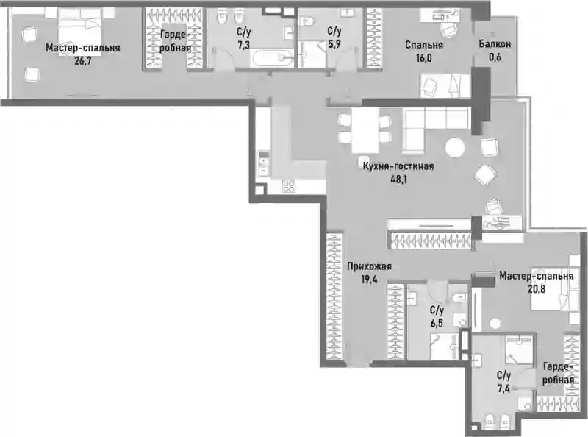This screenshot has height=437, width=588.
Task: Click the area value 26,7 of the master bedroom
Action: click(x=82, y=61)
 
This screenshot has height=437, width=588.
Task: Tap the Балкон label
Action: click(x=495, y=44)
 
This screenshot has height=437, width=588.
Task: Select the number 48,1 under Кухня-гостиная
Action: click(x=398, y=179)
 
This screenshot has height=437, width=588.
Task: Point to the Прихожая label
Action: click(x=369, y=266)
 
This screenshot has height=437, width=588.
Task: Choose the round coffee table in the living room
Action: click(x=455, y=148)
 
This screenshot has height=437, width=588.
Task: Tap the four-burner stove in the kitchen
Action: click(x=289, y=186)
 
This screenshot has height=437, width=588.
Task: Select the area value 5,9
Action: click(x=334, y=44)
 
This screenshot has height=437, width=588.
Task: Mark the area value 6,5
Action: click(x=437, y=323)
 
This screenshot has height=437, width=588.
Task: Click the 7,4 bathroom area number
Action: click(x=503, y=388)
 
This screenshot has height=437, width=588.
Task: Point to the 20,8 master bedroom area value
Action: click(x=537, y=289)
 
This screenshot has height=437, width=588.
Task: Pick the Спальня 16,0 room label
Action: click(x=424, y=51)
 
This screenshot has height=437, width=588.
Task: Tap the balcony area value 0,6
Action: click(x=495, y=57)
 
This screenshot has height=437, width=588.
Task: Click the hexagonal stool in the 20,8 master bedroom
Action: click(x=495, y=323)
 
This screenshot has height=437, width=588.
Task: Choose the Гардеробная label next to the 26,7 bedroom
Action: click(x=176, y=41)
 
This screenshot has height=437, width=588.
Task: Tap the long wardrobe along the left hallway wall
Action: click(x=334, y=296)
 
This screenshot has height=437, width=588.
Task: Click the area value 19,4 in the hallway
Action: click(x=369, y=280)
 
